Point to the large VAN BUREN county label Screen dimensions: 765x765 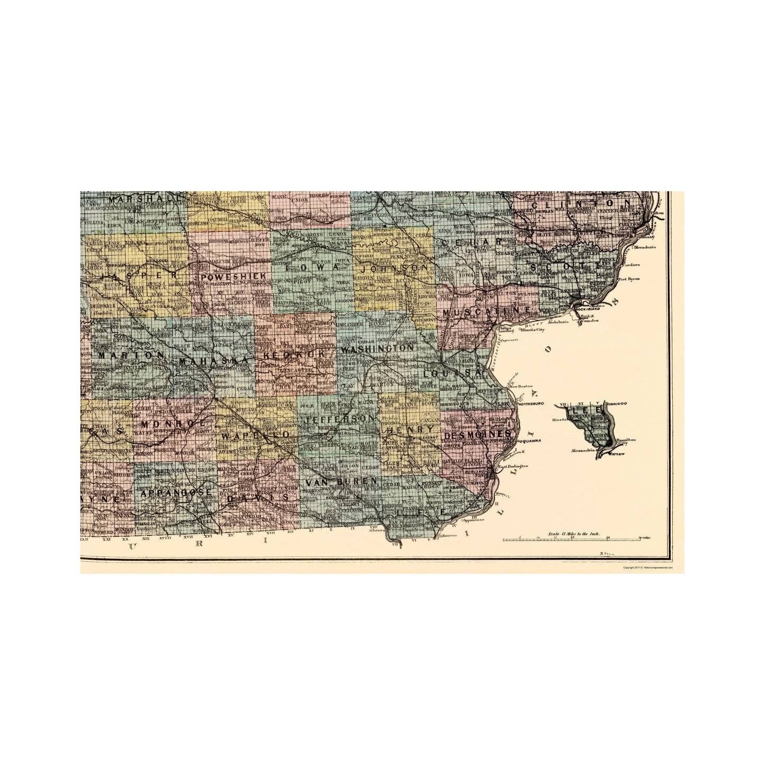click(x=342, y=481)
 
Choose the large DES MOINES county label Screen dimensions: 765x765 click(x=479, y=435)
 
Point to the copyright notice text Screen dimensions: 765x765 click(x=647, y=567)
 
